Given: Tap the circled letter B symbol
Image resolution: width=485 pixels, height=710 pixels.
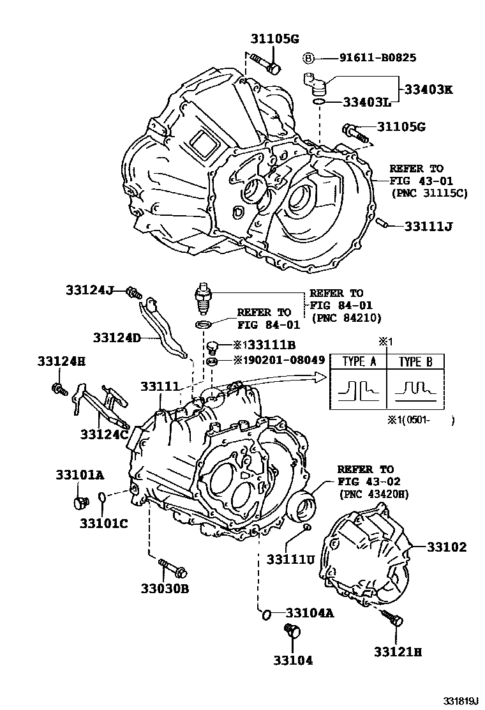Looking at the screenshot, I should pyautogui.click(x=308, y=58).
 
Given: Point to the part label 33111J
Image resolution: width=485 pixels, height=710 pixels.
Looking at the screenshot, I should pyautogui.click(x=429, y=226).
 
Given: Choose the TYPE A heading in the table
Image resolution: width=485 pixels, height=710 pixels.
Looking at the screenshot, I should pyautogui.click(x=359, y=362).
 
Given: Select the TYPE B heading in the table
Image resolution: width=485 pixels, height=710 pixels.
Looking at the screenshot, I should pyautogui.click(x=415, y=362).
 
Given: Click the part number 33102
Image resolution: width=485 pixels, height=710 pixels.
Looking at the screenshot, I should pyautogui.click(x=447, y=547).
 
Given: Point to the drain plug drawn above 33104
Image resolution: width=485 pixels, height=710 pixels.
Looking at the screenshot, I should pyautogui.click(x=293, y=631).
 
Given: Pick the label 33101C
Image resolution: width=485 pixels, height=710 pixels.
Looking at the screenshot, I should pyautogui.click(x=104, y=524).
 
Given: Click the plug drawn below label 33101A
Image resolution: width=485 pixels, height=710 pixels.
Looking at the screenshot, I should pyautogui.click(x=80, y=502).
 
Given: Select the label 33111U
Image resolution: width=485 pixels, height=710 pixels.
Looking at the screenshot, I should pyautogui.click(x=290, y=559).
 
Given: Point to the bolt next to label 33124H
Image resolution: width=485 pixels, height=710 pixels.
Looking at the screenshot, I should pyautogui.click(x=59, y=388).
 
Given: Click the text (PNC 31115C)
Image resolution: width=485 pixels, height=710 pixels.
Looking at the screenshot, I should pyautogui.click(x=429, y=193).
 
